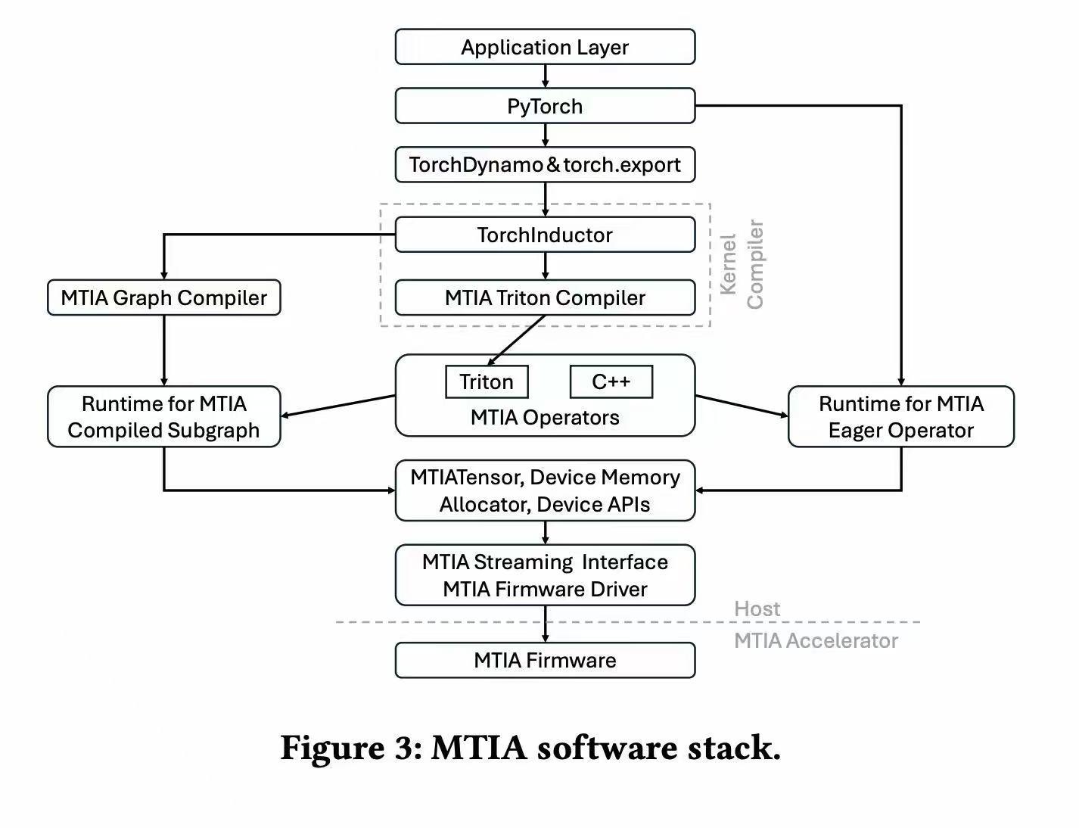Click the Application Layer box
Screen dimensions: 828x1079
(545, 47)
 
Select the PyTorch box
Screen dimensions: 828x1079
(545, 106)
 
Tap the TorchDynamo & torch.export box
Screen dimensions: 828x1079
(545, 165)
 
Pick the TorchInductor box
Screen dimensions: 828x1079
(545, 235)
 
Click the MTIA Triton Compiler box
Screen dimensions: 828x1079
(545, 297)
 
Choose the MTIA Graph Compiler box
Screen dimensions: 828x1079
(164, 297)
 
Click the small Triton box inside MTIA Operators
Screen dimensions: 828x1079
(487, 381)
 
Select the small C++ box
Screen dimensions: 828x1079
(611, 381)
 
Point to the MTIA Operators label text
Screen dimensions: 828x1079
(545, 418)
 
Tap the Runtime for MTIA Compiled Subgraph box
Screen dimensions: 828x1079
(164, 417)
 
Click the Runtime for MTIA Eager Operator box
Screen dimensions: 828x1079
(900, 417)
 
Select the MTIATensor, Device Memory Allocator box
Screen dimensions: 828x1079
(545, 490)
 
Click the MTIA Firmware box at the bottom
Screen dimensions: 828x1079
(545, 660)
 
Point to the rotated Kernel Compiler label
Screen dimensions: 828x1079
(742, 265)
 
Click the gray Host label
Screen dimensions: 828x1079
(757, 609)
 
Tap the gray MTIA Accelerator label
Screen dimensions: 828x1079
(816, 640)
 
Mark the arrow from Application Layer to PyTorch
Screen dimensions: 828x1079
(545, 76)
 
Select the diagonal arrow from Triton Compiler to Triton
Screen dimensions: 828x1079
(517, 340)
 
